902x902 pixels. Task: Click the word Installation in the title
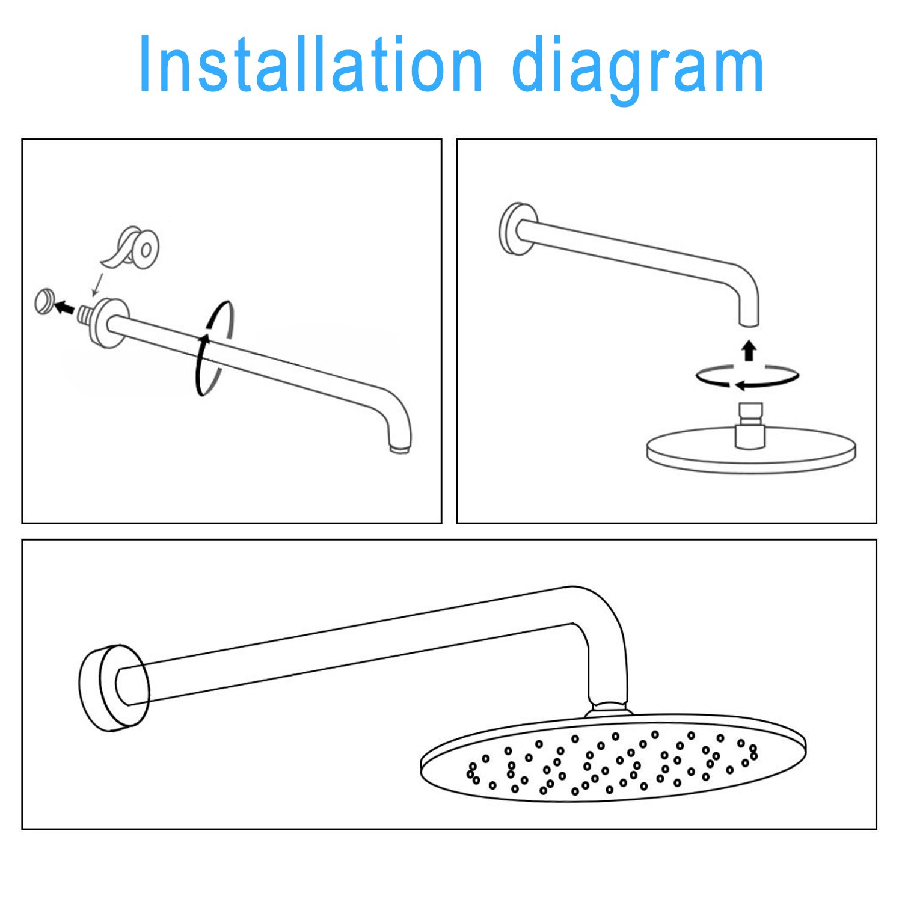311,64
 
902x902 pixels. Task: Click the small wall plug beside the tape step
44,302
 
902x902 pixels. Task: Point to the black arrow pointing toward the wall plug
64,308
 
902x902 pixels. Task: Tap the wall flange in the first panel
109,323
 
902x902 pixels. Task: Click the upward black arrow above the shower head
749,351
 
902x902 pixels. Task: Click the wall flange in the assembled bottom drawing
114,689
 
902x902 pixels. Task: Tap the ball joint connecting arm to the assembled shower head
609,709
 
